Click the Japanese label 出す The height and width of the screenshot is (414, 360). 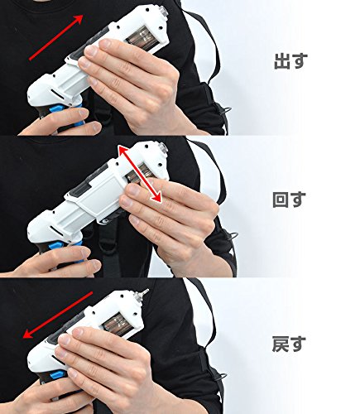tap(290, 60)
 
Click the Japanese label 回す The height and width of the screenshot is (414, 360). tap(289, 200)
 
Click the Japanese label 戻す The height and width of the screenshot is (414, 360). tap(289, 344)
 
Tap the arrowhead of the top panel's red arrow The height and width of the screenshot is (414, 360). tap(78, 20)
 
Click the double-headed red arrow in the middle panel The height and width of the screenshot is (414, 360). tap(140, 174)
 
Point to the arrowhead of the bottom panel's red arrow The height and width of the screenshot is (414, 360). tap(28, 334)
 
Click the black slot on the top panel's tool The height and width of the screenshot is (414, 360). tap(57, 93)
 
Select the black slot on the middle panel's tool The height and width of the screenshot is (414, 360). tap(57, 229)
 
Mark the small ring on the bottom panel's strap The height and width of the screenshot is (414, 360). tap(222, 377)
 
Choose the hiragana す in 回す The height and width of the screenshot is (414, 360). tap(299, 200)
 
